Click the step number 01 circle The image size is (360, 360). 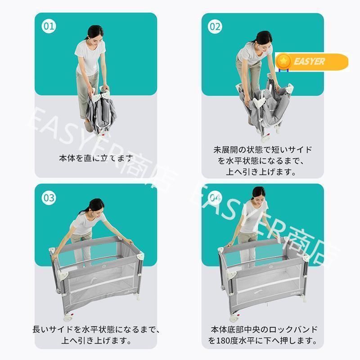tap(49, 26)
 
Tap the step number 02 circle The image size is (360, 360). tap(215, 27)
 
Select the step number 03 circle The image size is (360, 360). tap(49, 198)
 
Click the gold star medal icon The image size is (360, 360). tap(284, 61)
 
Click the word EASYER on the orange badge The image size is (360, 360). tap(309, 62)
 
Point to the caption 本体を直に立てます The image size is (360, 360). tap(96, 158)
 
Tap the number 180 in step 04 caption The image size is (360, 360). tap(225, 340)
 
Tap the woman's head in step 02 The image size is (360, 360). tap(264, 39)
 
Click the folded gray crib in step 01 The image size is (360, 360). tap(100, 112)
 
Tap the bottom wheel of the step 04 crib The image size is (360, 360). tap(234, 318)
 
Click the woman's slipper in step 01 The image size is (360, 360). tap(90, 126)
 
